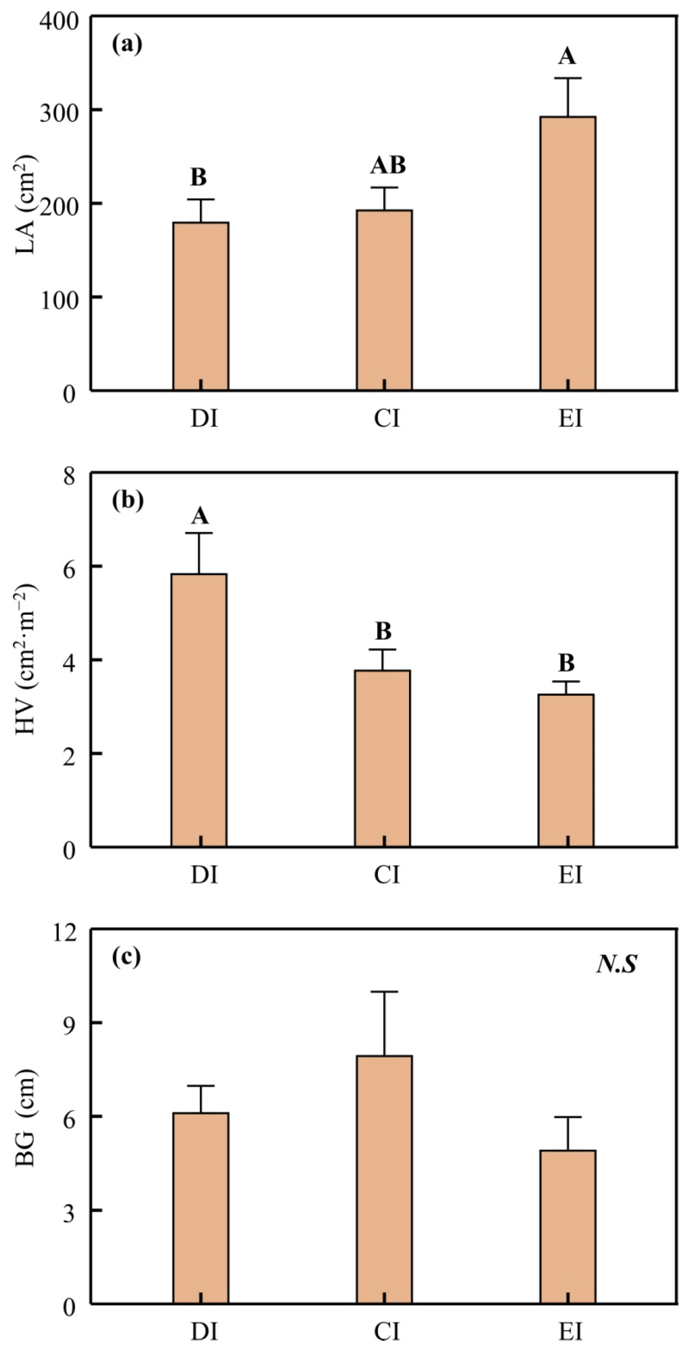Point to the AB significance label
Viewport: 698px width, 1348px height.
[x=388, y=165]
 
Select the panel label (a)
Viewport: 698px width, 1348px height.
[x=127, y=44]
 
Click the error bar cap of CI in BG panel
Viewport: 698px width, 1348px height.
[x=384, y=992]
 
